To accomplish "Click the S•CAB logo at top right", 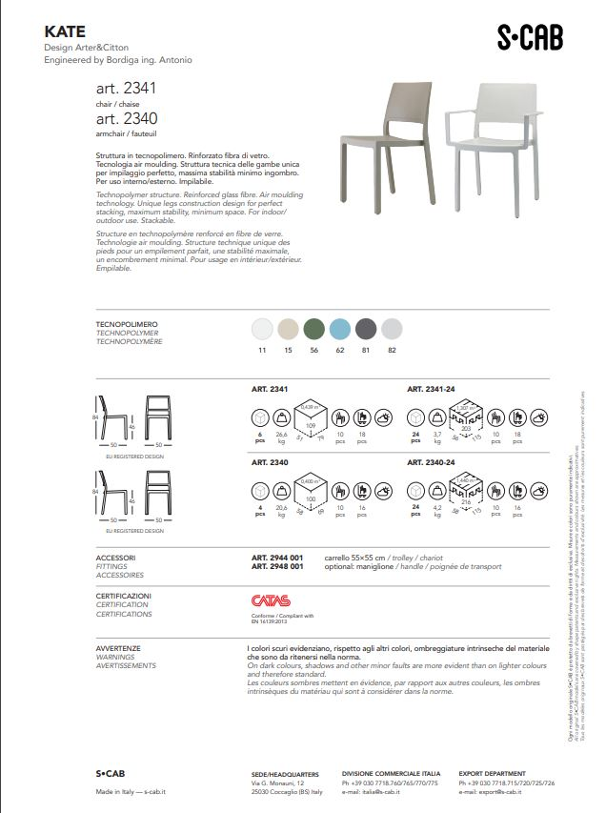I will click(530, 37).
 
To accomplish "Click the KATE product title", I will click(65, 31).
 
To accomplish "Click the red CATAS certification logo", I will click(268, 601).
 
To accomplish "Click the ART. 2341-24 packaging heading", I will click(432, 389).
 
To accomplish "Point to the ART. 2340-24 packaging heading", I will click(432, 462).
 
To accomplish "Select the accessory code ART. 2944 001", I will click(277, 557).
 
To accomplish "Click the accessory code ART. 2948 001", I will click(277, 566).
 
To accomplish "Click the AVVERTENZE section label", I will click(118, 648).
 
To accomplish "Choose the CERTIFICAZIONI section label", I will click(124, 596).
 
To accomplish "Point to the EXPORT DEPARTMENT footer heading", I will click(492, 774).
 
